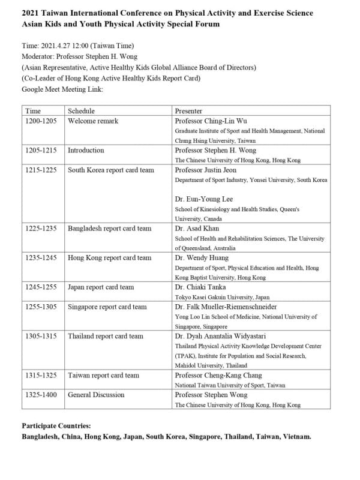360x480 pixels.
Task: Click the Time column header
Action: pos(33,111)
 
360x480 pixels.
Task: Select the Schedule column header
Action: pos(81,111)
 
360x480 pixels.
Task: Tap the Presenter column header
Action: pos(188,111)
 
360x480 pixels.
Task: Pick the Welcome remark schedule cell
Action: pos(93,121)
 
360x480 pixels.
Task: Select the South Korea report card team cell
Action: pos(111,170)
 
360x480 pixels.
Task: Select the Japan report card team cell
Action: pos(101,287)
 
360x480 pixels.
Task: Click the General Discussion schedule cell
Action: pos(96,395)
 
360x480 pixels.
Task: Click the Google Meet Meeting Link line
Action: pos(62,89)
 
